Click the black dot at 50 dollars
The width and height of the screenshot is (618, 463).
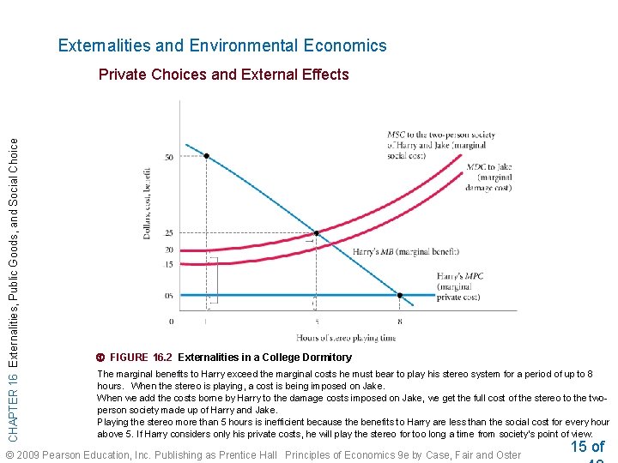[x=206, y=156]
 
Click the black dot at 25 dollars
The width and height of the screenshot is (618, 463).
[x=316, y=233]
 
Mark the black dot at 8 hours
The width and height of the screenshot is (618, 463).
[x=399, y=295]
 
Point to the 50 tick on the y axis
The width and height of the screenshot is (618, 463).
[x=168, y=157]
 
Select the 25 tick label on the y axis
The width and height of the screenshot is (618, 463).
[x=168, y=233]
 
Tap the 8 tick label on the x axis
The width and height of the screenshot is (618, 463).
[x=399, y=322]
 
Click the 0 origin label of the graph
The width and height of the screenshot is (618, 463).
[x=171, y=322]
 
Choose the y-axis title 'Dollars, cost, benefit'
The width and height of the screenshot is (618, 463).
[x=147, y=196]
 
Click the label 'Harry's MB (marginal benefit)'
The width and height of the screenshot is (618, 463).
[x=405, y=252]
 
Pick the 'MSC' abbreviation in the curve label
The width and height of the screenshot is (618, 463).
[x=396, y=134]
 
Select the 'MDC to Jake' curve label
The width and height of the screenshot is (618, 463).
[x=489, y=167]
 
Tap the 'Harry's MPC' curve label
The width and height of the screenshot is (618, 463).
[x=460, y=276]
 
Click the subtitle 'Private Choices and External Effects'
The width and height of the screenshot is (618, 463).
[x=223, y=75]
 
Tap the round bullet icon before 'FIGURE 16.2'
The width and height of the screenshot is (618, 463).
[x=101, y=358]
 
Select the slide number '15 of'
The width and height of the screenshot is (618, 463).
[x=587, y=447]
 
